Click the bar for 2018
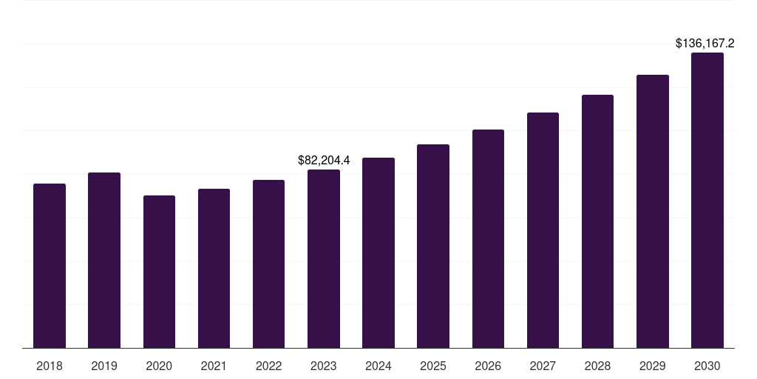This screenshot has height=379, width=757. pos(50,266)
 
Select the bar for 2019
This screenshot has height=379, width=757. pos(104,260)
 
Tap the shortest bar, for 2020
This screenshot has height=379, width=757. pos(159,272)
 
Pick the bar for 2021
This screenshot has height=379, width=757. pos(214,268)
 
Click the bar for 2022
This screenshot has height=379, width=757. pos(268,264)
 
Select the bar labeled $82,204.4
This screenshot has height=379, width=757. pos(324,258)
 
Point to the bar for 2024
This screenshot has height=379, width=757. pos(378,252)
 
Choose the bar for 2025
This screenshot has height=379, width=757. pos(433,246)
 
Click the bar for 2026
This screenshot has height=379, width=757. pos(488,238)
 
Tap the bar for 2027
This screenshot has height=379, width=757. pos(543,230)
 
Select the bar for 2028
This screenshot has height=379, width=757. pos(597,221)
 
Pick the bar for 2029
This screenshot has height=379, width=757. pos(653,211)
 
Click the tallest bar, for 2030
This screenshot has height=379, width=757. pos(707,200)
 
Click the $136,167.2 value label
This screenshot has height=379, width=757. pos(710,44)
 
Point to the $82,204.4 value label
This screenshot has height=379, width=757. pos(324,160)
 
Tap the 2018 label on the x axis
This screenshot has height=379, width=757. pos(50,366)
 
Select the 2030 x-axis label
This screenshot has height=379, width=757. pos(707,366)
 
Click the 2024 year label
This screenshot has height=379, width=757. pos(378,366)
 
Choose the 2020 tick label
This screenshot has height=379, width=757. pos(159,366)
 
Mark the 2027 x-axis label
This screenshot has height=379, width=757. pos(543,366)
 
